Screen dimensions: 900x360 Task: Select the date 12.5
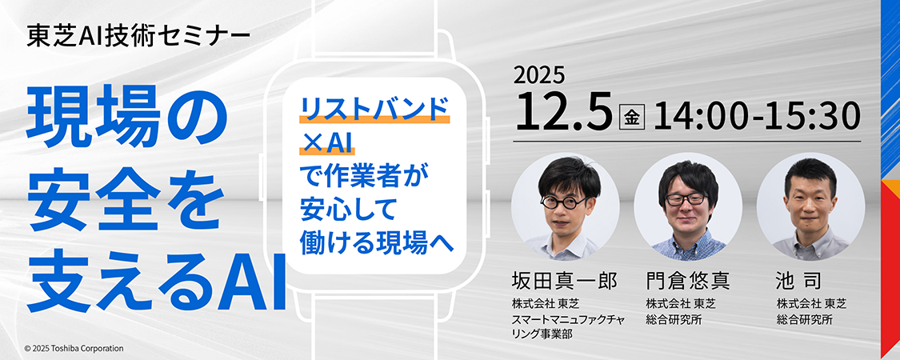[563, 111]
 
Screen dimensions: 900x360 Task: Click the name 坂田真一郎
[564, 281]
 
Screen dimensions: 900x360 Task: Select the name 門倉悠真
[688, 281]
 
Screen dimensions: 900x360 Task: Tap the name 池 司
[802, 281]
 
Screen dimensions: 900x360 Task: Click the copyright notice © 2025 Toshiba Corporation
[74, 349]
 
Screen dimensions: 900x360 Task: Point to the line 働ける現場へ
[377, 243]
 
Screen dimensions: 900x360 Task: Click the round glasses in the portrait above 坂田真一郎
[565, 202]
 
